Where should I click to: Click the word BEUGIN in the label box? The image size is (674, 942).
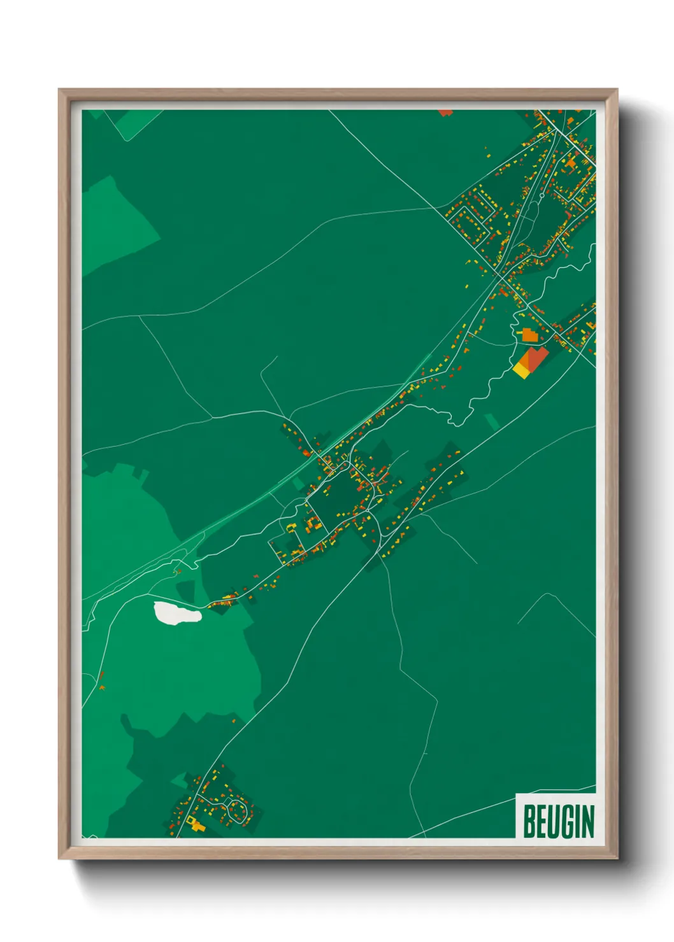(558, 821)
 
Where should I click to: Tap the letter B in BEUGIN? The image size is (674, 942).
(529, 821)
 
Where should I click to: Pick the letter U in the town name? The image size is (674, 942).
(552, 821)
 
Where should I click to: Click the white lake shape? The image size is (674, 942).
(176, 614)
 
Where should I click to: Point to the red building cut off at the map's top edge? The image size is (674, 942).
(445, 113)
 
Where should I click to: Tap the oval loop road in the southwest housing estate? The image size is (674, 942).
(238, 810)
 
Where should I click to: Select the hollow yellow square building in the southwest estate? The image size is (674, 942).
(196, 826)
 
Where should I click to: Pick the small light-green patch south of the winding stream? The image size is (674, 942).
(492, 421)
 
